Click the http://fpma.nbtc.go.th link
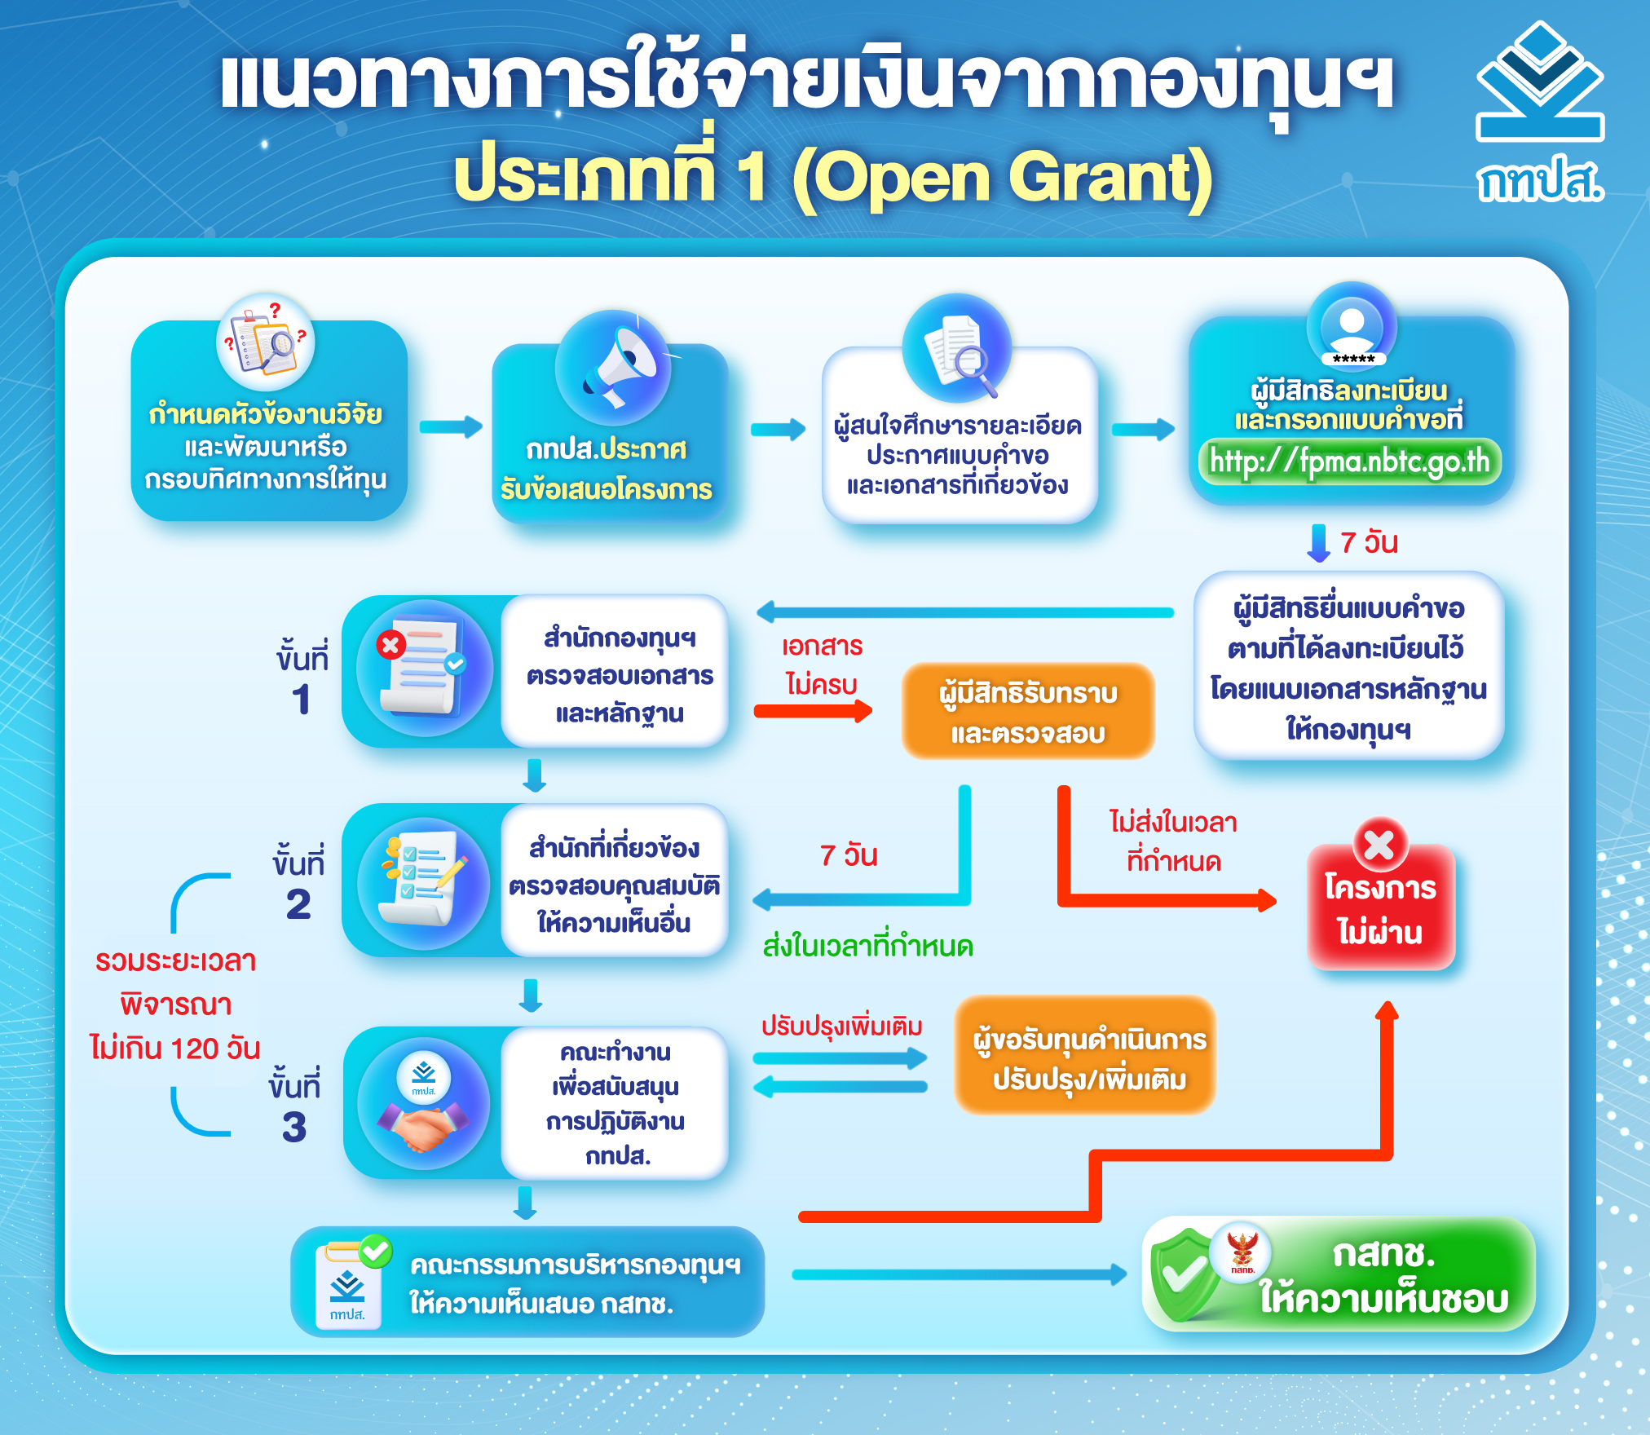tap(1349, 461)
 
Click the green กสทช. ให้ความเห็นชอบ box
tap(1339, 1274)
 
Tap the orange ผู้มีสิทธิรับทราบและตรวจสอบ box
tap(1028, 711)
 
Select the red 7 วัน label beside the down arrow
tap(1369, 542)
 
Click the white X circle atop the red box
tap(1380, 844)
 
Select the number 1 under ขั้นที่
tap(301, 700)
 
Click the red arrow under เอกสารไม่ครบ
tap(813, 711)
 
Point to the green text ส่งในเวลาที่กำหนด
tap(868, 947)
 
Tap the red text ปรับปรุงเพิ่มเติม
tap(842, 1026)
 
